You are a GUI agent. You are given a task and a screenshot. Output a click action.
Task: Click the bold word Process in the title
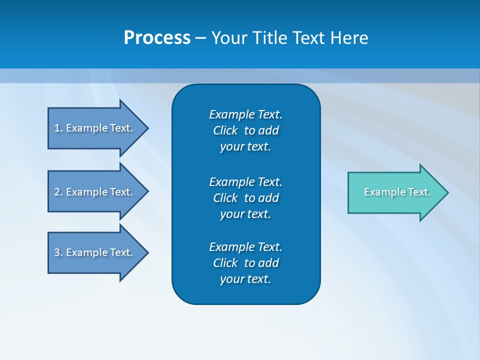click(x=157, y=38)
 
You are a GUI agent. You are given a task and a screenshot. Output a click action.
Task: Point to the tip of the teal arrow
click(x=447, y=192)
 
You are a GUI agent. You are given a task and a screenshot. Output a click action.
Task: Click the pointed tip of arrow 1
click(x=147, y=128)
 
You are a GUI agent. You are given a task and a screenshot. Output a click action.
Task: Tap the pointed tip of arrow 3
click(x=147, y=252)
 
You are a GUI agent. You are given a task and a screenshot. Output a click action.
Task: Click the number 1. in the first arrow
click(x=58, y=128)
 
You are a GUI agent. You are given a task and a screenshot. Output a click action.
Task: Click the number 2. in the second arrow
click(x=58, y=192)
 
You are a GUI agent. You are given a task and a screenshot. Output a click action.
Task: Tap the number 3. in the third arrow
click(x=58, y=252)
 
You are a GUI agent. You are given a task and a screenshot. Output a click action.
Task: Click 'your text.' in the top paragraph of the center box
click(x=245, y=147)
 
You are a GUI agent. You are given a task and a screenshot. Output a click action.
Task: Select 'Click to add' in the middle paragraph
click(x=245, y=198)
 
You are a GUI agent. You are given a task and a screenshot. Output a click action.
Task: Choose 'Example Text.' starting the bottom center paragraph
click(x=245, y=247)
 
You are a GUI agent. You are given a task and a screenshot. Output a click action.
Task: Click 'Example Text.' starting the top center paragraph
click(x=245, y=114)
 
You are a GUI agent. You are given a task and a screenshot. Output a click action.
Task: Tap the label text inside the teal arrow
click(x=397, y=192)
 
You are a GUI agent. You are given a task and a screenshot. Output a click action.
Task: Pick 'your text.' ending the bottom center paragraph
click(x=245, y=279)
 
